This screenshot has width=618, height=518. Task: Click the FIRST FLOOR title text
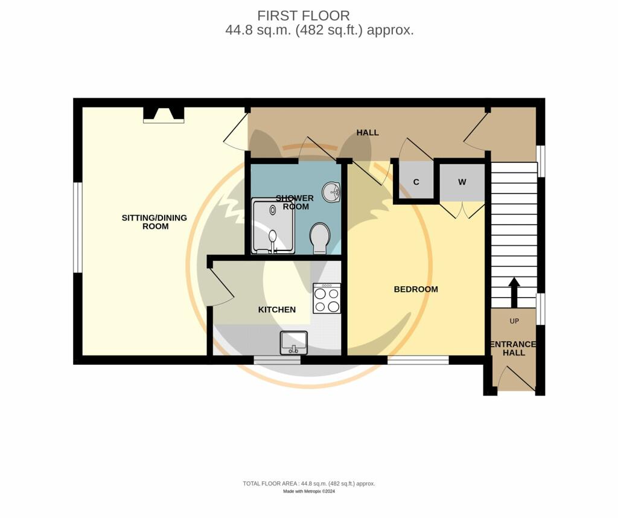[303, 16]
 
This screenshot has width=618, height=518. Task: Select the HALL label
[367, 132]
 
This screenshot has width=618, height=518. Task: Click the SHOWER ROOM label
[295, 202]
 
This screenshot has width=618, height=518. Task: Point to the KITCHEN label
[277, 310]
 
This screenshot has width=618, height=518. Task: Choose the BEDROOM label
[416, 289]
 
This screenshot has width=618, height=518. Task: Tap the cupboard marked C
[416, 182]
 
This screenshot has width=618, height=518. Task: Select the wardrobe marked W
[462, 182]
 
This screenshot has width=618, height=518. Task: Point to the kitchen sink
[294, 343]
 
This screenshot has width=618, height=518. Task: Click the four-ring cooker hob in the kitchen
[327, 299]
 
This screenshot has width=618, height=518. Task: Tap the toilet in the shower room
[319, 238]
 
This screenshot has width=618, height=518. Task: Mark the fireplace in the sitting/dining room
[164, 115]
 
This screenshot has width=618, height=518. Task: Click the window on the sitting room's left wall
[77, 227]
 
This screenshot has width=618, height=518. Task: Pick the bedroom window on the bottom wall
[418, 360]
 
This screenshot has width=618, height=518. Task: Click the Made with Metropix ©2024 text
[309, 491]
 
